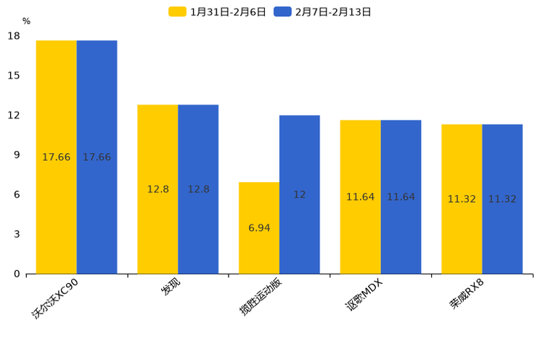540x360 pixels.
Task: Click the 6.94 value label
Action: tap(259, 228)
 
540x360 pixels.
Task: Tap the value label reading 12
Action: tap(300, 195)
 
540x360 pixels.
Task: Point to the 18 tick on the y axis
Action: tap(14, 36)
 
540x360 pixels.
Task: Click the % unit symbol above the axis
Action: tap(26, 22)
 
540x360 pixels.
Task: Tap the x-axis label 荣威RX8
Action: tap(467, 293)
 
